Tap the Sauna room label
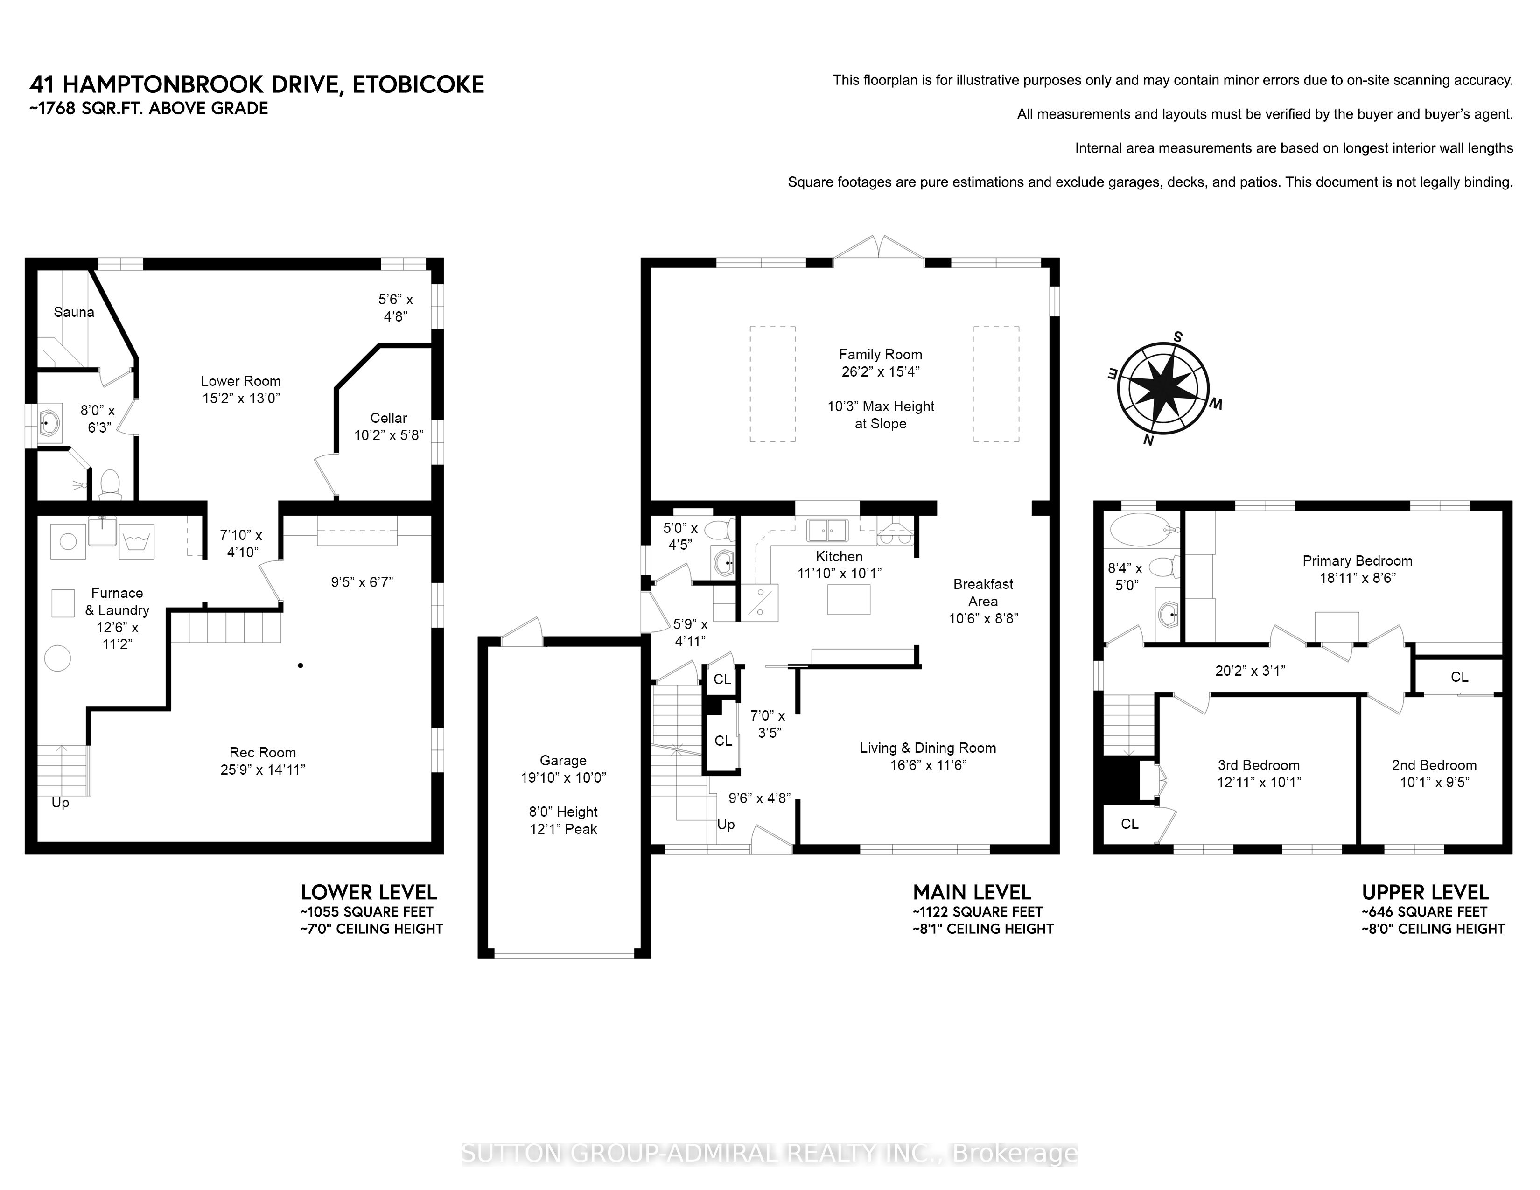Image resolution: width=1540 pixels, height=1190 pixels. [74, 312]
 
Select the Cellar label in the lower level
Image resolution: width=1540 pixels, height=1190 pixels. [389, 418]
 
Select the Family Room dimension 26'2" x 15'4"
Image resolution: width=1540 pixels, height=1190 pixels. [880, 371]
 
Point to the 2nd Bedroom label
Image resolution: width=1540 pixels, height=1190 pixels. [1434, 765]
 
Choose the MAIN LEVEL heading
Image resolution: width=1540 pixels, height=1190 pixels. [972, 892]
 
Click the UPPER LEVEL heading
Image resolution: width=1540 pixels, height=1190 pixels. [1425, 892]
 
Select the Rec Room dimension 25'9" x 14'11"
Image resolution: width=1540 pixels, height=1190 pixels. [262, 770]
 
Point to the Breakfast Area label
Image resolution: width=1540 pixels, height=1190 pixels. [983, 593]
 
